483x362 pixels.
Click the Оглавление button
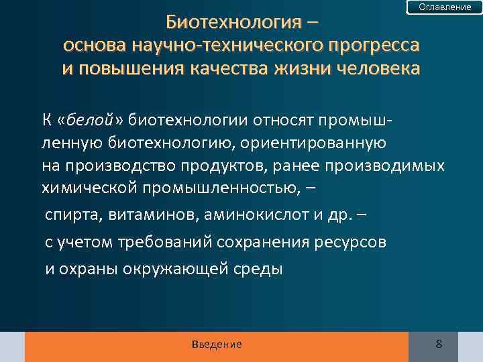point(445,7)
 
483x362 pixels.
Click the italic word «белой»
point(87,120)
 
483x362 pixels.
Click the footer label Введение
point(216,344)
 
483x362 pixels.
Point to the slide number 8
point(439,344)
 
